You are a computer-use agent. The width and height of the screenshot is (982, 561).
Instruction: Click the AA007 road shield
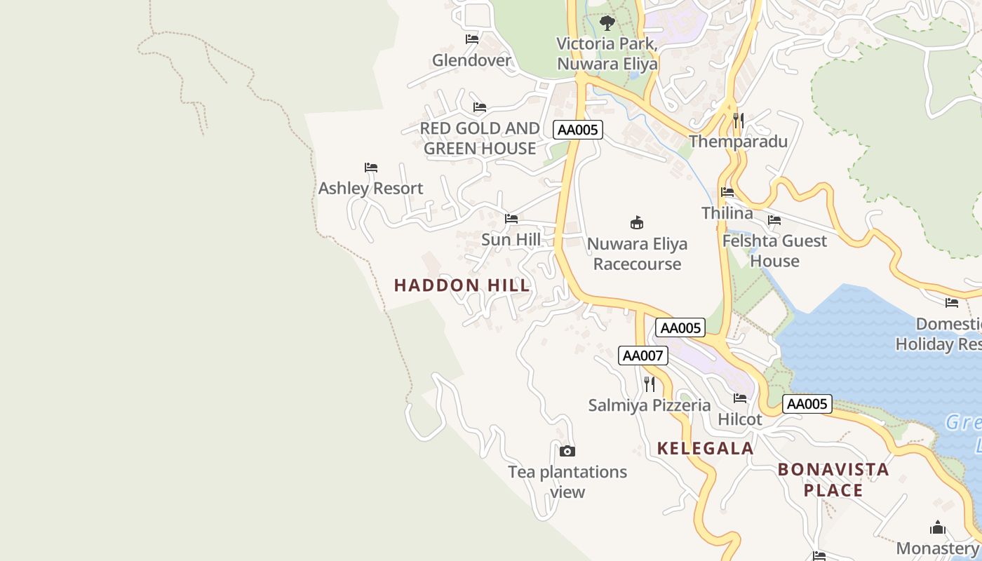tap(643, 356)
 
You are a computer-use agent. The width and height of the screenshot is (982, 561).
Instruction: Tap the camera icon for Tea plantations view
tap(567, 451)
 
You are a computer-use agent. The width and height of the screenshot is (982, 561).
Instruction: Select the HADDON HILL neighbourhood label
tap(462, 285)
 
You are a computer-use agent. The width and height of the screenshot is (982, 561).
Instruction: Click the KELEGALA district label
tap(705, 448)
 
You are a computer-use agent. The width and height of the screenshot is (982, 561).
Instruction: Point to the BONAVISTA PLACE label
tap(833, 480)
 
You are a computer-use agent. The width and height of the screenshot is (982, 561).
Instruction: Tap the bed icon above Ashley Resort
tap(371, 168)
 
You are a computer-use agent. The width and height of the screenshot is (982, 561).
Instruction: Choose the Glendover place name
tap(471, 60)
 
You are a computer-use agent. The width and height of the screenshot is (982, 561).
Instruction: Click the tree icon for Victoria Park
tap(607, 23)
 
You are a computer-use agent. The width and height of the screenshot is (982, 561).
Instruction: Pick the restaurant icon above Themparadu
tap(738, 121)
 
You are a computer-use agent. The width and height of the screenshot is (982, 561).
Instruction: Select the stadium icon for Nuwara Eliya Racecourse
tap(637, 223)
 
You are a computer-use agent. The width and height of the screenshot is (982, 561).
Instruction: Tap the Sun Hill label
tap(511, 240)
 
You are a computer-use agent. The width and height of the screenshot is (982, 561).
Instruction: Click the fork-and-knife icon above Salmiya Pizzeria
tap(650, 384)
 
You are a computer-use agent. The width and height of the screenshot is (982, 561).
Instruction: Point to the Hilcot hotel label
tap(739, 419)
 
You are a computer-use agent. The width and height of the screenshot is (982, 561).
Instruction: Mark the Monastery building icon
tap(937, 528)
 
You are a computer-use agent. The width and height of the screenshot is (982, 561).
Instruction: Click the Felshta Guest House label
tap(774, 251)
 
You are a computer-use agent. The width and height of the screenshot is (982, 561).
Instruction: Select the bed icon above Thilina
tap(727, 192)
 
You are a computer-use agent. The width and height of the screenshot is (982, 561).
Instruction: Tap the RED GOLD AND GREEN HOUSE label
tap(480, 138)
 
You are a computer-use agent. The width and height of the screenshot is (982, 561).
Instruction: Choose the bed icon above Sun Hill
tap(511, 219)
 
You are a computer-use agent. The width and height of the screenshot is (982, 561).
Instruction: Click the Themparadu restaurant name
tap(738, 142)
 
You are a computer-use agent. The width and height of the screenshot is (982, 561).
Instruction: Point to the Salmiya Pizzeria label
tap(649, 405)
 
